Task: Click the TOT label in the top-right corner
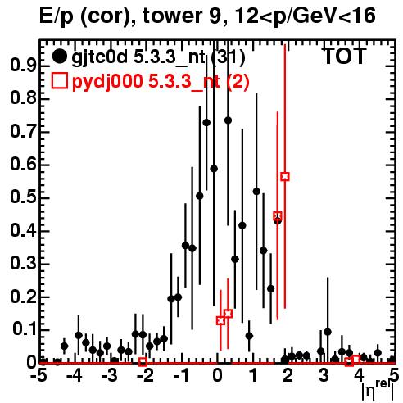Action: coord(345,56)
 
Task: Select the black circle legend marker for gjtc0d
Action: coord(59,57)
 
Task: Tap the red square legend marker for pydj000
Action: coord(59,80)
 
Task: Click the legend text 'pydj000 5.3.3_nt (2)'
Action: coord(161,82)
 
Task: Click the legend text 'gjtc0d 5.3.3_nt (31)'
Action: coord(159,58)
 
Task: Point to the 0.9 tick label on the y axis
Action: coord(23,66)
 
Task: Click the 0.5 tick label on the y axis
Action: coord(23,197)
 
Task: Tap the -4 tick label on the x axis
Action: coord(75,375)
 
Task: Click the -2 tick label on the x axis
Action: coord(146,375)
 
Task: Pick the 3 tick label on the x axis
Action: coord(324,375)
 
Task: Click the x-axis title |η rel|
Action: coord(378,390)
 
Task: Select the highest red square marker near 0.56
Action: coord(285,177)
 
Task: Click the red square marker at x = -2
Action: coord(143,362)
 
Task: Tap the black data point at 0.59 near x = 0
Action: coord(214,169)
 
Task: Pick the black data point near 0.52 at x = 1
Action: coord(256,192)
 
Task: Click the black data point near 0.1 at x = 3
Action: coord(328,332)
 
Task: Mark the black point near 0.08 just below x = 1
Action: coord(249,336)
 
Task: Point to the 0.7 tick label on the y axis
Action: coord(23,132)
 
